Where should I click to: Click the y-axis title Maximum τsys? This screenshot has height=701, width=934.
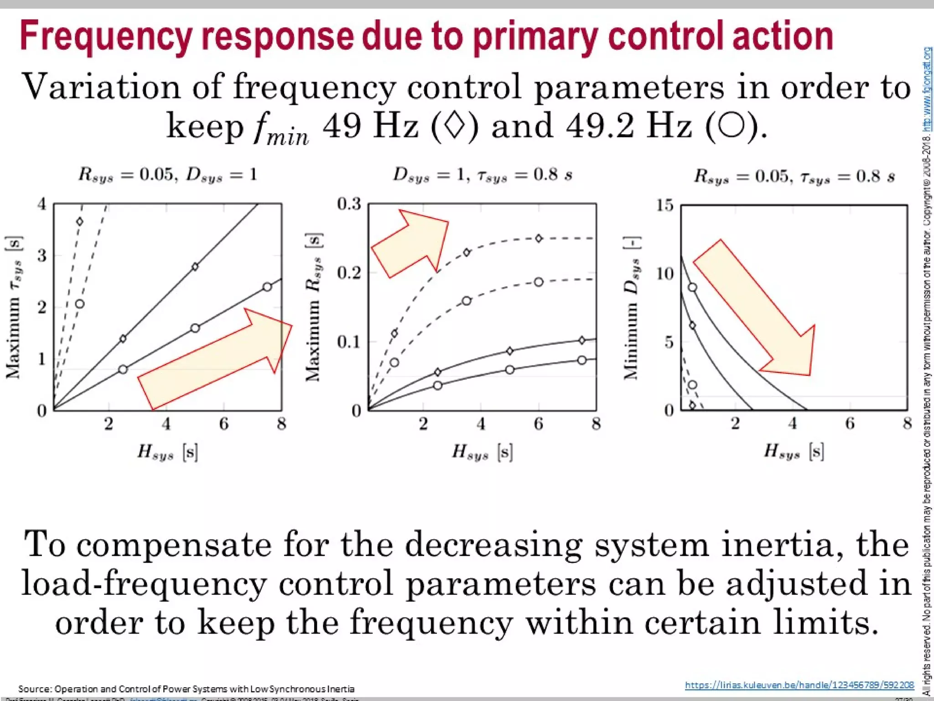pos(14,307)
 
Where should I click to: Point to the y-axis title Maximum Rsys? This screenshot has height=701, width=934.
pos(314,307)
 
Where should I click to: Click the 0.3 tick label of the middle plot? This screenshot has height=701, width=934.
pos(349,204)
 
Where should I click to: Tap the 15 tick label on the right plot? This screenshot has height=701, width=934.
pos(665,205)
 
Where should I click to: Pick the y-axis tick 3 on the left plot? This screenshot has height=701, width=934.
pos(42,256)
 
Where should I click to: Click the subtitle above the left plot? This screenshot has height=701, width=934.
pos(167,175)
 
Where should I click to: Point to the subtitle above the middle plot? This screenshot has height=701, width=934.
pos(483,175)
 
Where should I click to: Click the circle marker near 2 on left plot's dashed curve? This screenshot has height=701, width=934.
pos(80,304)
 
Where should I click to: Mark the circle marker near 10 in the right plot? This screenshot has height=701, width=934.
pos(692,288)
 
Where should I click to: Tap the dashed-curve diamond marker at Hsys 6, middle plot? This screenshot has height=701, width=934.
pos(539,238)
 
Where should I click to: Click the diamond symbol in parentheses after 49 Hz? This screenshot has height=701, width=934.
pos(454,126)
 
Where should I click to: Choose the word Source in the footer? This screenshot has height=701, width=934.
pos(35,689)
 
